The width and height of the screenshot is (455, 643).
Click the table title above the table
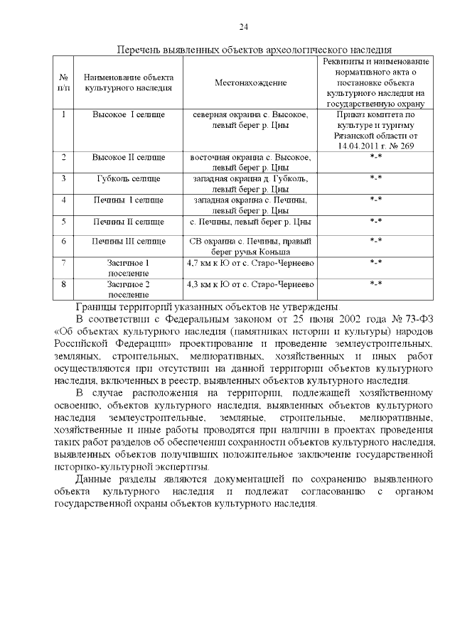coord(254,51)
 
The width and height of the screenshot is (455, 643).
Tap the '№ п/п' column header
coord(64,82)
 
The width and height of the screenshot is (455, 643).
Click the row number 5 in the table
coord(64,221)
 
